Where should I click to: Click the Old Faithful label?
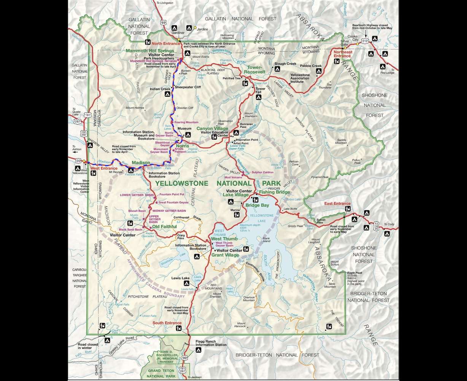point(164,227)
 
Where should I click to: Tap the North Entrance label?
point(165,43)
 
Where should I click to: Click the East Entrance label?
point(337,203)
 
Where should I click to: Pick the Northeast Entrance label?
point(343,53)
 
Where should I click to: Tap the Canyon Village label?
point(213,129)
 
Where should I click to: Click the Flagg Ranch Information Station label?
point(211,343)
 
